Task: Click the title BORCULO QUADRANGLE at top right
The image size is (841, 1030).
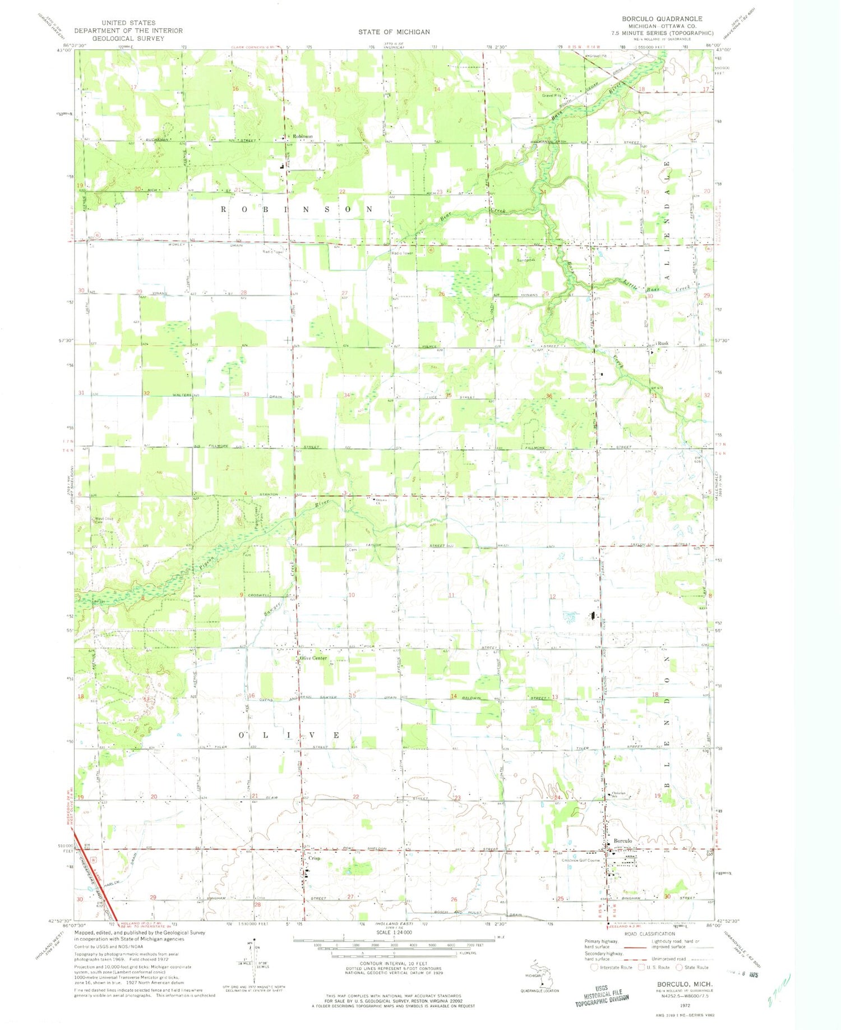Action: (662, 19)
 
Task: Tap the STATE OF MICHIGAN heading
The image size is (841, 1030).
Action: (394, 32)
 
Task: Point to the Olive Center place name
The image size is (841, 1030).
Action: (313, 658)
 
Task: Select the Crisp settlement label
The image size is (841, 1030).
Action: (314, 858)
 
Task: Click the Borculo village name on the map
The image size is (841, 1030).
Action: (623, 841)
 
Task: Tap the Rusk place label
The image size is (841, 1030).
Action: (663, 343)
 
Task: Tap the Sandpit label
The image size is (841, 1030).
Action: (524, 260)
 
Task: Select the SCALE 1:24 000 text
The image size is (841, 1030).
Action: (394, 932)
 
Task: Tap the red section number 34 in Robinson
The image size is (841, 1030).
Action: (347, 395)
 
